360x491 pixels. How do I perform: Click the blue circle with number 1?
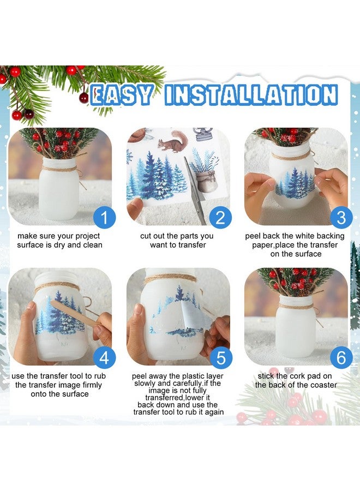click(x=105, y=218)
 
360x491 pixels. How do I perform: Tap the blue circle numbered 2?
click(x=221, y=218)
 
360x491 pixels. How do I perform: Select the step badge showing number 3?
click(x=341, y=218)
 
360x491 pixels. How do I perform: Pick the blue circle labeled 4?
click(x=105, y=357)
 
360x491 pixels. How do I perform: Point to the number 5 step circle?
click(x=221, y=357)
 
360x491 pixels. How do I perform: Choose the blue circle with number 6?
click(x=341, y=357)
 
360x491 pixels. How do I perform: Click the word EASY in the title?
click(x=122, y=95)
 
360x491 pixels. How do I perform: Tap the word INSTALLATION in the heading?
click(x=251, y=94)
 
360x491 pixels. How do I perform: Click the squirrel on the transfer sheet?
click(x=172, y=142)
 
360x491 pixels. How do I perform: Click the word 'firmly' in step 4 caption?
click(x=91, y=385)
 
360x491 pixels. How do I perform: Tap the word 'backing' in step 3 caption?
click(x=329, y=236)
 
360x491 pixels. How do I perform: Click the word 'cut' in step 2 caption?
click(x=146, y=236)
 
